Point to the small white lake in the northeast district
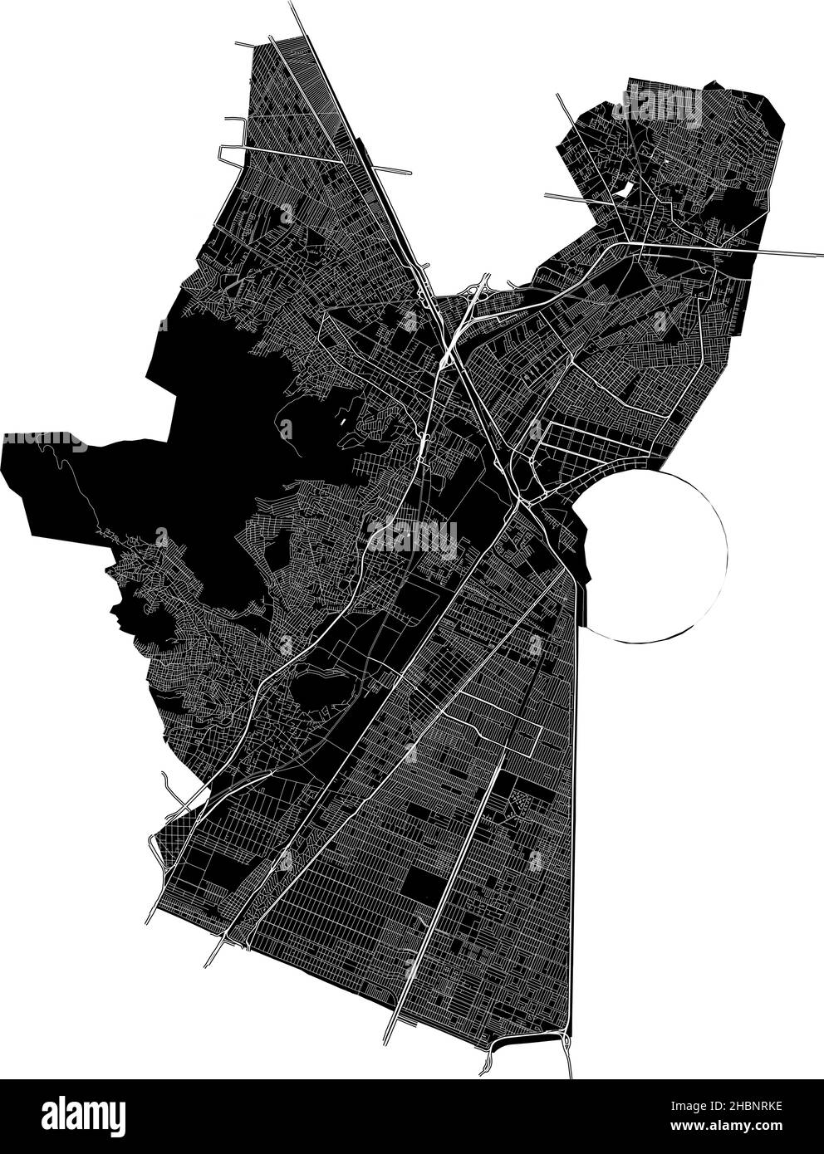click(x=622, y=192)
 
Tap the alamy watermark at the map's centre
click(x=412, y=537)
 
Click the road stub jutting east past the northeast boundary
click(x=797, y=252)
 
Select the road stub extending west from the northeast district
click(x=573, y=198)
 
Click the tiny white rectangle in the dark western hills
click(x=344, y=418)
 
